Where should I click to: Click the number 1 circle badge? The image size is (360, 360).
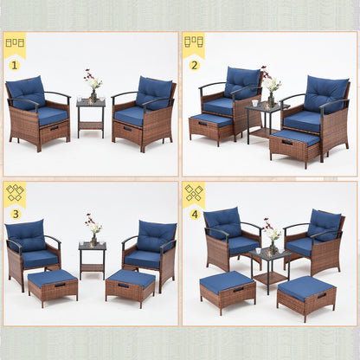tap(15, 64)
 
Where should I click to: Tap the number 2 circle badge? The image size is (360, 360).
tap(194, 64)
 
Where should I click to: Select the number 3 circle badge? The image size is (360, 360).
tap(15, 214)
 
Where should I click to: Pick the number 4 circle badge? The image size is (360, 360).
tap(194, 214)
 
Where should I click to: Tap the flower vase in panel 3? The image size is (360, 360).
tap(92, 232)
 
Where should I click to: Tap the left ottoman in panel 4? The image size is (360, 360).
tap(228, 291)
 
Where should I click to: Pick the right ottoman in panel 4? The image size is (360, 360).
tap(306, 298)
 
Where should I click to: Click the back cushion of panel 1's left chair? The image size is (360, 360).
tap(28, 91)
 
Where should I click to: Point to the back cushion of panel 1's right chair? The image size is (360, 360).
tap(154, 91)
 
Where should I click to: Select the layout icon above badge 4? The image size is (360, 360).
tap(194, 192)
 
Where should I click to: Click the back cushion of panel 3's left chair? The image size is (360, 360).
tap(28, 234)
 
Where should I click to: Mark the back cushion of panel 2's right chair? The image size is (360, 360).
tap(326, 93)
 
